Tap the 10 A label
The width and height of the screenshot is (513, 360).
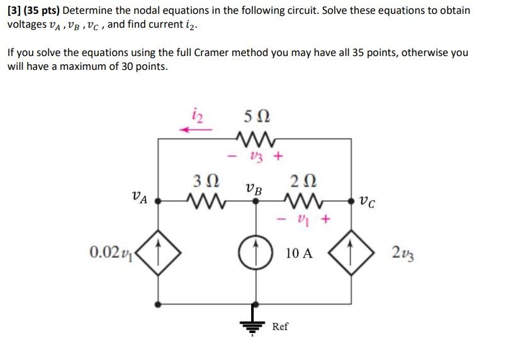coord(298,254)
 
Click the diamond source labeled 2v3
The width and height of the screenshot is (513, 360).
coord(351,254)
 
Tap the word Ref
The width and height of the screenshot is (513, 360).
coord(280,326)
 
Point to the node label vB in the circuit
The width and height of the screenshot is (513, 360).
coord(255,188)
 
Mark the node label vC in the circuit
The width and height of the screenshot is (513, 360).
coord(371,202)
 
